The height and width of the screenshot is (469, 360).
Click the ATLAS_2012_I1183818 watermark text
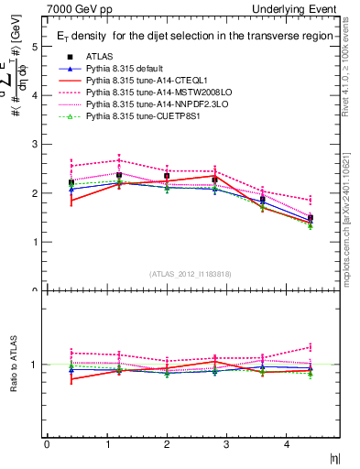point(190,274)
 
